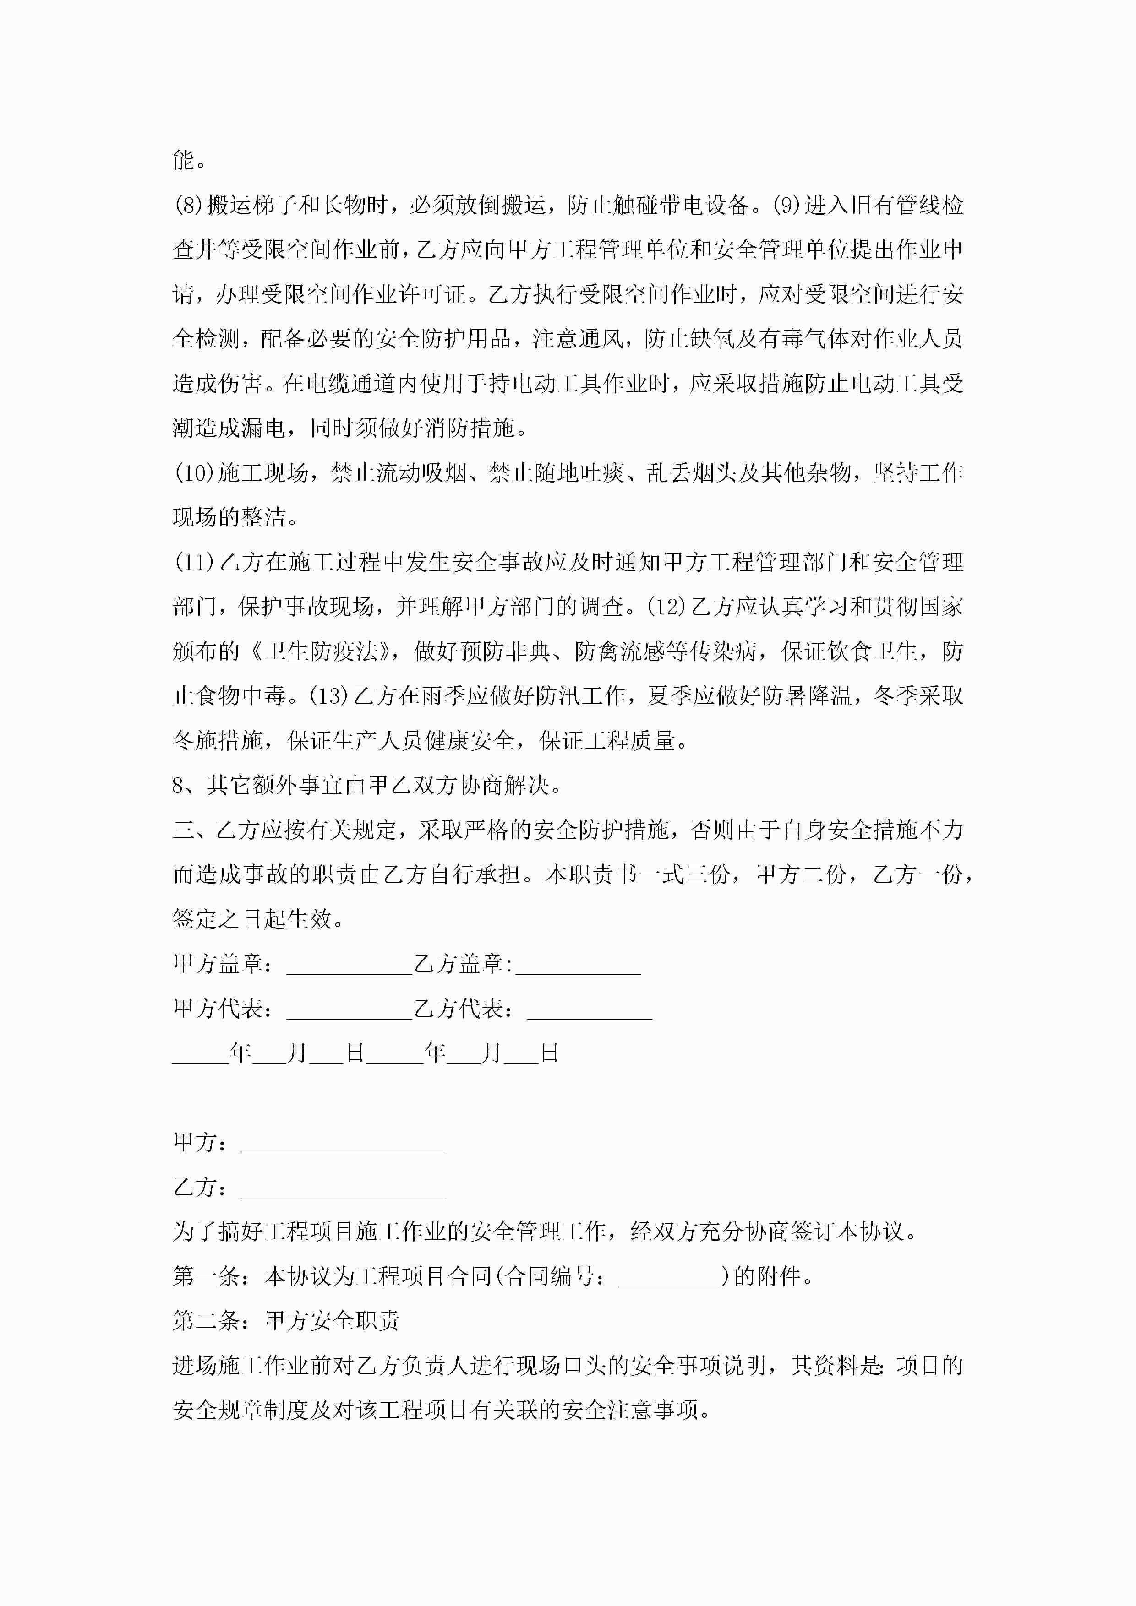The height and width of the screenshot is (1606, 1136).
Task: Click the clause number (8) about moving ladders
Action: pos(188,205)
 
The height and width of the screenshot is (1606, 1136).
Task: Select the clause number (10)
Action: pos(194,473)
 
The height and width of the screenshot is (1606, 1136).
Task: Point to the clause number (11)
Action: pos(194,562)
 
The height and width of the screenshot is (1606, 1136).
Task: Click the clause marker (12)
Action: pos(665,607)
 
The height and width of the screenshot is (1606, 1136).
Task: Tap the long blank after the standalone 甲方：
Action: pos(343,1145)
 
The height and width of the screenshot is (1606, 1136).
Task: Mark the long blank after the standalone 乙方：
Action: pos(343,1189)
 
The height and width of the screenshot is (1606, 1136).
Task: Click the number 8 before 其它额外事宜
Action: pos(179,786)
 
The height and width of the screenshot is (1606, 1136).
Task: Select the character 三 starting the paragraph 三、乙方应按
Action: pos(183,830)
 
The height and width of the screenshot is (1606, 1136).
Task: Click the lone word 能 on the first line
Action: pos(183,160)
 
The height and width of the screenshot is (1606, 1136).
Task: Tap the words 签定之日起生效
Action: pos(252,919)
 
